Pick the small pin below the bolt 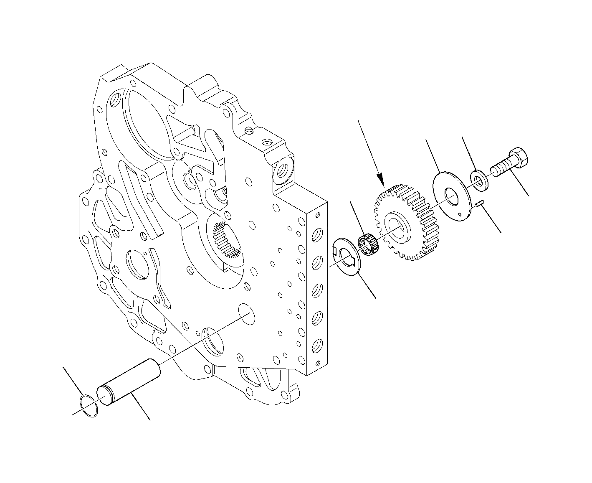point(480,203)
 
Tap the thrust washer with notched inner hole point(346,256)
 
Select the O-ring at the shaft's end point(89,405)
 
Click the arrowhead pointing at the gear point(381,183)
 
